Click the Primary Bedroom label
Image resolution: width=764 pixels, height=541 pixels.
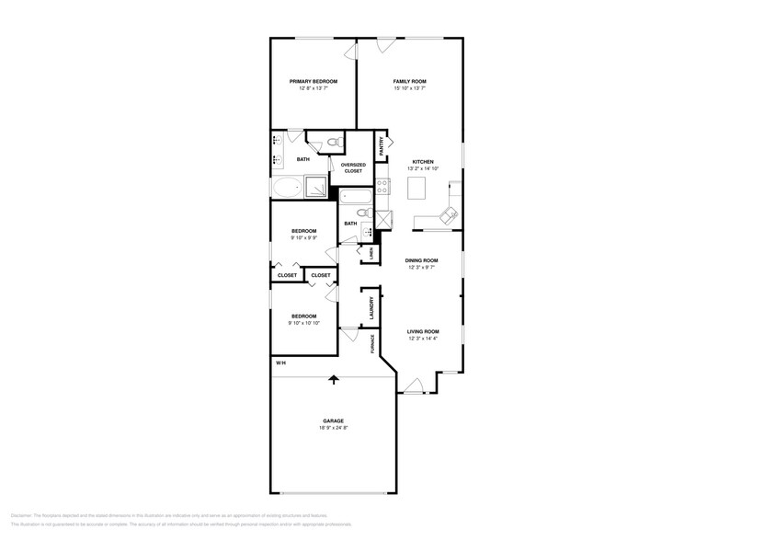[x=313, y=81]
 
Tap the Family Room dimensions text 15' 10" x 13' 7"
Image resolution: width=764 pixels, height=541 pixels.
[x=409, y=89]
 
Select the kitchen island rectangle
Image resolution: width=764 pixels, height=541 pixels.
[x=418, y=189]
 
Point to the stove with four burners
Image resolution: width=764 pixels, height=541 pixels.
[x=382, y=188]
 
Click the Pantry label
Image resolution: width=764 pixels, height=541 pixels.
[x=382, y=145]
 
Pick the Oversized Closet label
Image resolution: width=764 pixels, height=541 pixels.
[x=354, y=167]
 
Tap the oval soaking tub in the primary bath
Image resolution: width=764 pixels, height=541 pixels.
[x=287, y=189]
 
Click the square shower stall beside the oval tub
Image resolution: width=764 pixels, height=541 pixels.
[x=315, y=187]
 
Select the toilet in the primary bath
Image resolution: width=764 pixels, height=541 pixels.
[x=333, y=143]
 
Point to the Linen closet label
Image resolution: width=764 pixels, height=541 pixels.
[x=371, y=252]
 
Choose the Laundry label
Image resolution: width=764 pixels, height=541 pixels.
[x=371, y=308]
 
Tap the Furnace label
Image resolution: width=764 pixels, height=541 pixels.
[x=372, y=343]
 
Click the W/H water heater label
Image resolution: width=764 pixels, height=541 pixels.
[x=280, y=362]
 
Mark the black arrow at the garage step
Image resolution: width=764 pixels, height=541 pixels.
[x=333, y=378]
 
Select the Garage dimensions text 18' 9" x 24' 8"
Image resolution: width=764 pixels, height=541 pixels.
[x=333, y=428]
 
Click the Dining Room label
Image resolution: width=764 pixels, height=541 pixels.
[x=422, y=260]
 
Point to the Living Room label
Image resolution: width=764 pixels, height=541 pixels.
[x=424, y=331]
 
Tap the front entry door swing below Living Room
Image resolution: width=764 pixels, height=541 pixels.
[x=414, y=386]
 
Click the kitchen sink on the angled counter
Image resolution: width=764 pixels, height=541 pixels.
[x=446, y=216]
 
